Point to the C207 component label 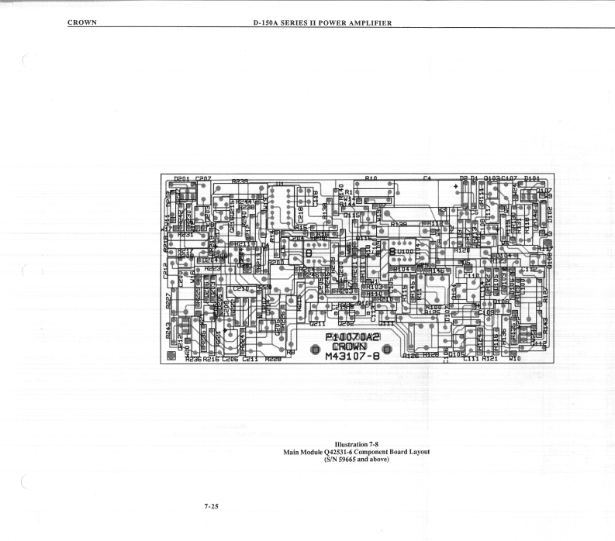(205, 178)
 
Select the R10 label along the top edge (371, 178)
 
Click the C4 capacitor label (427, 178)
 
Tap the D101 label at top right (533, 178)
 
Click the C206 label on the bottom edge (230, 359)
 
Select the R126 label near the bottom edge (412, 355)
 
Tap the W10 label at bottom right (513, 359)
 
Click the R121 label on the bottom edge (492, 359)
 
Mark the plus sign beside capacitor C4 (455, 185)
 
